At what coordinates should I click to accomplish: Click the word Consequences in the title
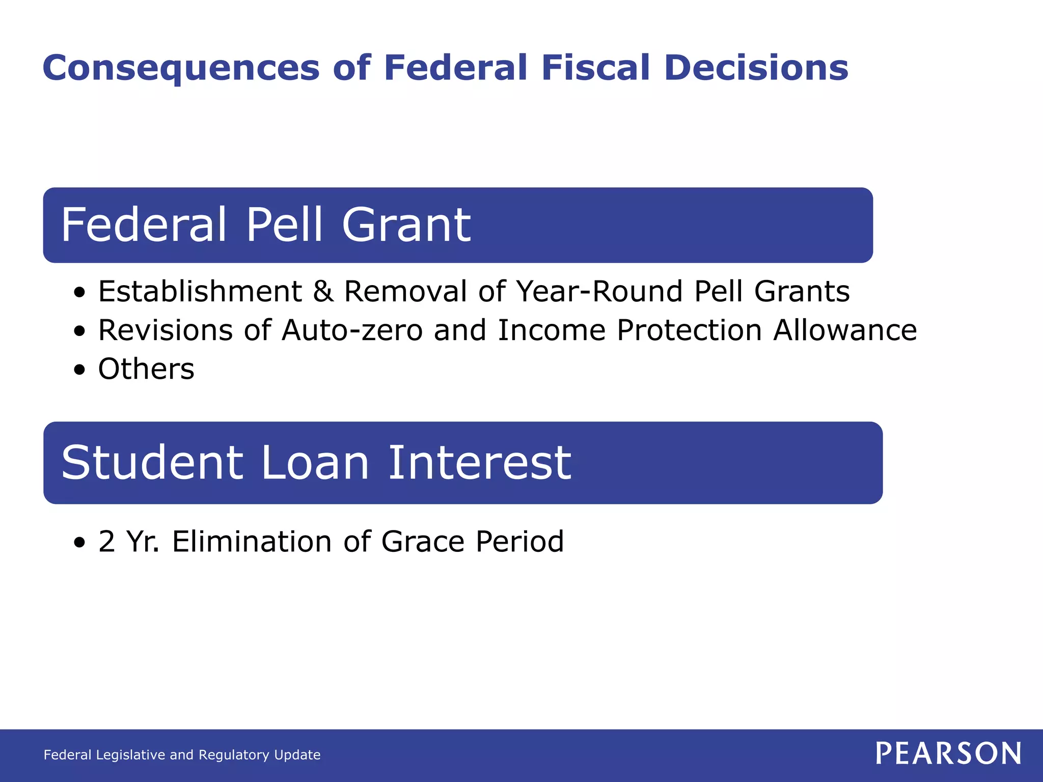(181, 68)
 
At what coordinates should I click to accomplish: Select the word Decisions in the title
(756, 68)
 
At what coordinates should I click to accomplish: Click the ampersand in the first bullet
(323, 292)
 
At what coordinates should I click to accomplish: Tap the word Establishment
(200, 292)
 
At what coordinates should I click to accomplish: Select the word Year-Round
(599, 292)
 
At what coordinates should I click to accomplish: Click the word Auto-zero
(352, 330)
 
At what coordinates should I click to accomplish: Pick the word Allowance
(845, 330)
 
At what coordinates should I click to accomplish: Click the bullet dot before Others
(79, 370)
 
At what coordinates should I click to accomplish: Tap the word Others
(146, 369)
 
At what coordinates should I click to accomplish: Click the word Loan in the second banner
(315, 463)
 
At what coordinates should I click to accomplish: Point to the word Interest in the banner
(479, 463)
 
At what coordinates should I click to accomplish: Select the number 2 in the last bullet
(106, 541)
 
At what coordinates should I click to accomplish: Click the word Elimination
(252, 541)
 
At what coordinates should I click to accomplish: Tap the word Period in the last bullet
(519, 541)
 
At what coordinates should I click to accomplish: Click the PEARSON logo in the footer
(948, 753)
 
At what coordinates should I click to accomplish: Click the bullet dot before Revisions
(79, 331)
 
